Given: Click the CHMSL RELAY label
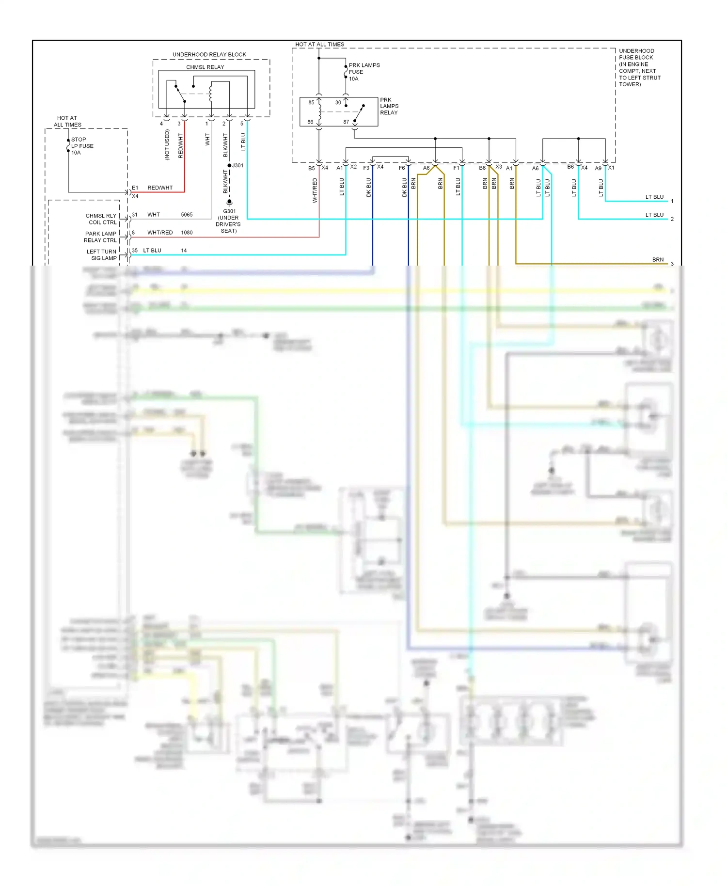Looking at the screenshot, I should [x=205, y=67].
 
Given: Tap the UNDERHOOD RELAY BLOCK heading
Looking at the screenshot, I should [x=209, y=54].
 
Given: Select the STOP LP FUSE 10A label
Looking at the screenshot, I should [x=82, y=146].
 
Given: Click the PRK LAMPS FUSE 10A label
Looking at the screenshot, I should [x=364, y=72].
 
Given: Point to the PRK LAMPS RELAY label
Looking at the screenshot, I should [x=389, y=106].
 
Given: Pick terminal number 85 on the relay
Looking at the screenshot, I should [x=311, y=102].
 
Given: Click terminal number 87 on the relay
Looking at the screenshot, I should [x=346, y=122].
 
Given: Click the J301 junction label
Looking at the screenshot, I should [x=238, y=165].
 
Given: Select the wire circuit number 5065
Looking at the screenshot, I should [x=187, y=215].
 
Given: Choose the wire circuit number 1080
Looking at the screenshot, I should [x=187, y=233].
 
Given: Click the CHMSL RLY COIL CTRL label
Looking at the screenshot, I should [x=101, y=219].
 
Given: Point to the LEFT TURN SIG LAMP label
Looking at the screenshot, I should [x=102, y=255].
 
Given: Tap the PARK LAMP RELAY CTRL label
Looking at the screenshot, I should [x=101, y=237].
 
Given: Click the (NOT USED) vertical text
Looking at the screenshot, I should [x=167, y=144].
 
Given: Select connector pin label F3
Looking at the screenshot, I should [x=366, y=168].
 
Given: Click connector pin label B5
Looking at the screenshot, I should [x=311, y=168].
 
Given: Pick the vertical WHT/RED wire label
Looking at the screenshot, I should [x=315, y=190].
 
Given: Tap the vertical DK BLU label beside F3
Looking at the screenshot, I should [x=368, y=187].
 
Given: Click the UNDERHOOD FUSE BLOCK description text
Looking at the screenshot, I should [x=639, y=67].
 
